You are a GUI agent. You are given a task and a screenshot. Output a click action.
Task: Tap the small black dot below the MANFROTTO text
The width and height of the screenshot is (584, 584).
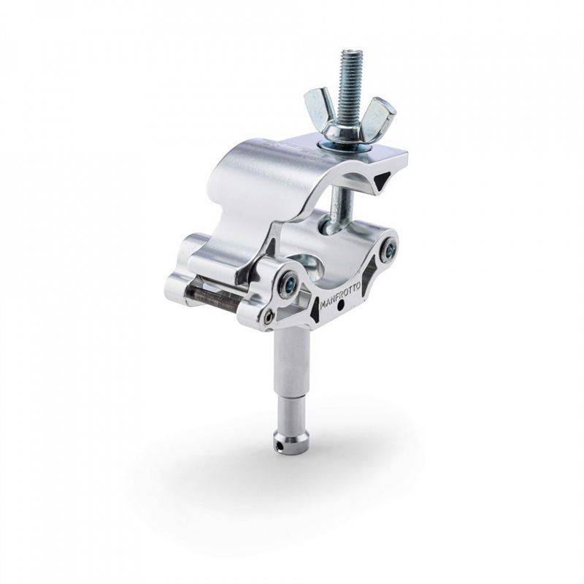tap(340, 307)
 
